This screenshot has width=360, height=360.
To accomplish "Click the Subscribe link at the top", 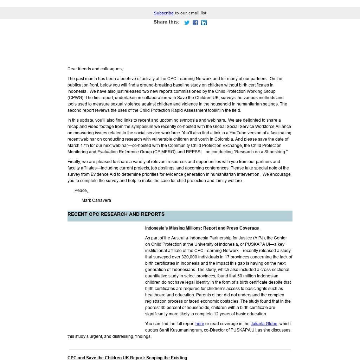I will tap(163, 13).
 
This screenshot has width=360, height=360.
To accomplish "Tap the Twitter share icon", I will tap(187, 22).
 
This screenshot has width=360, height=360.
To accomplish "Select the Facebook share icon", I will tap(195, 22).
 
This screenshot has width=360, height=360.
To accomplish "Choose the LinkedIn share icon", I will tap(204, 22).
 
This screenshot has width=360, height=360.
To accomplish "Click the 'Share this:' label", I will tap(166, 22).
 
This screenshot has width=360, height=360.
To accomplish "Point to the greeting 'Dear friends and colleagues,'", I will tap(95, 69).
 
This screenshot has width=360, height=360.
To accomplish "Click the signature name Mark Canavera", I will tap(96, 200).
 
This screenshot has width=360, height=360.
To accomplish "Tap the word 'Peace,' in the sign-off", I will tap(81, 191).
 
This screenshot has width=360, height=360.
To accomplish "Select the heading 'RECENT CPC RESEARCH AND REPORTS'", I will tap(116, 214).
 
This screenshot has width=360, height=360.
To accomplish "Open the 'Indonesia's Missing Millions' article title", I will tap(202, 228).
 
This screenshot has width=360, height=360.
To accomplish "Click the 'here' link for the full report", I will tap(200, 324).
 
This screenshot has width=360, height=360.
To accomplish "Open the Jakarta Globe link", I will tap(264, 324).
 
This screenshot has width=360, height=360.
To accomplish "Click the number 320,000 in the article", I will tap(191, 257).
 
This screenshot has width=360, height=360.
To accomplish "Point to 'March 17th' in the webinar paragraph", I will tap(78, 146).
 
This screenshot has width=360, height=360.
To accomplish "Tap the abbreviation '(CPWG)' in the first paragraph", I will tap(76, 98).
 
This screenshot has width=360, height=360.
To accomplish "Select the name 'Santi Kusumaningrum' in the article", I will tap(181, 330).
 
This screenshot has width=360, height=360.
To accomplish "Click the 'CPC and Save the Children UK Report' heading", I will tap(127, 358).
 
